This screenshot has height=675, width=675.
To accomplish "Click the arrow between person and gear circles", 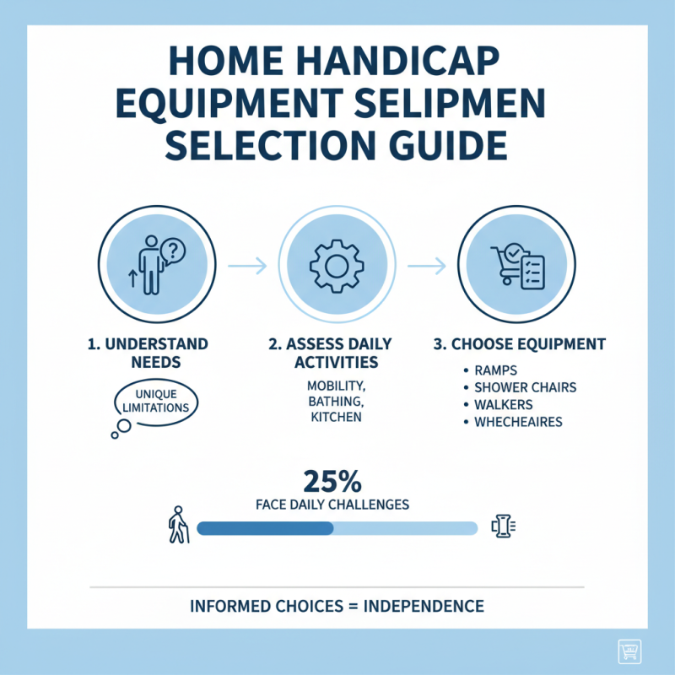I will pyautogui.click(x=247, y=266).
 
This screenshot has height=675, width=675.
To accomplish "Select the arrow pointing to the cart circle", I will pyautogui.click(x=426, y=266).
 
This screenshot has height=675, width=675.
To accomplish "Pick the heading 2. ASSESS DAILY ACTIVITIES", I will pyautogui.click(x=335, y=354).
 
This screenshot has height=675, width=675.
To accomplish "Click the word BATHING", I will pyautogui.click(x=335, y=402).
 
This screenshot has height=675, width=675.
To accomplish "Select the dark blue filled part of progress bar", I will pyautogui.click(x=265, y=528).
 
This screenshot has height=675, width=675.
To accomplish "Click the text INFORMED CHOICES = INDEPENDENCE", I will pyautogui.click(x=337, y=607).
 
